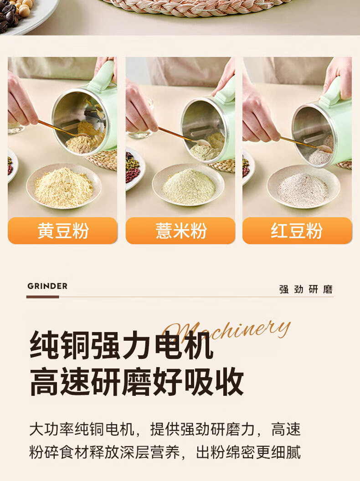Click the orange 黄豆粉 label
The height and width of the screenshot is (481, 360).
pos(62,230)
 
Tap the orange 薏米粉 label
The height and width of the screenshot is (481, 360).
pos(180,230)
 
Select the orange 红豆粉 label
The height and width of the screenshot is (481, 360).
pos(297,230)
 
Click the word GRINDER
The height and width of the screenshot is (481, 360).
pos(47,286)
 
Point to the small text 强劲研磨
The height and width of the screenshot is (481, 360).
pos(306,289)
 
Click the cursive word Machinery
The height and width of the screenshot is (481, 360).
pos(227,331)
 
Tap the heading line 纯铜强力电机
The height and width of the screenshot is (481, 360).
pos(122,345)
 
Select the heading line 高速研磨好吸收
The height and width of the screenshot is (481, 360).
pos(137,382)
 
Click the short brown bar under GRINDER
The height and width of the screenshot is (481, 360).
pos(42,297)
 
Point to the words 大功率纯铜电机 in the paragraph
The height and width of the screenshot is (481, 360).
pos(82,429)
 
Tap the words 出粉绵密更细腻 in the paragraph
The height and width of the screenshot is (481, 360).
pos(248,452)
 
